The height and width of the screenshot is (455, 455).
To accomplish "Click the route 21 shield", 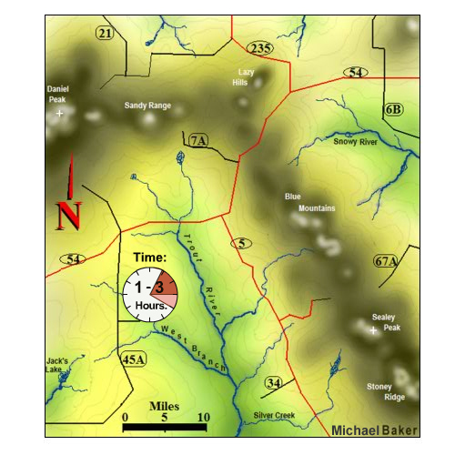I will pyautogui.click(x=106, y=34).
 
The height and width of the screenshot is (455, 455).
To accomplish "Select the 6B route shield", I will pyautogui.click(x=393, y=110).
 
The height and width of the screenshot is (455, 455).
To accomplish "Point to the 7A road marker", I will pyautogui.click(x=197, y=140).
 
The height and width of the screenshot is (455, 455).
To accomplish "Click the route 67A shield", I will pyautogui.click(x=387, y=261).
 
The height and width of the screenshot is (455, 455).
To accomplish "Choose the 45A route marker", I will pyautogui.click(x=133, y=359).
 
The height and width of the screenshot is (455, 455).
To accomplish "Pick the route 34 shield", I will pyautogui.click(x=273, y=383).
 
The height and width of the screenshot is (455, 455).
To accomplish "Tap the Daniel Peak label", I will pyautogui.click(x=58, y=94).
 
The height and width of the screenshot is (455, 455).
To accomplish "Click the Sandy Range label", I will pyautogui.click(x=147, y=106).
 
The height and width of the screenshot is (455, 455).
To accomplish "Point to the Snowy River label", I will pyautogui.click(x=355, y=142).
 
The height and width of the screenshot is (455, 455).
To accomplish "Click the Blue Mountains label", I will pyautogui.click(x=304, y=202).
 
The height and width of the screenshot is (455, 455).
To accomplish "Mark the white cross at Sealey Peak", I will pyautogui.click(x=373, y=331).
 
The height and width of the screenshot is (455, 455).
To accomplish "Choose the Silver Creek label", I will pyautogui.click(x=274, y=415).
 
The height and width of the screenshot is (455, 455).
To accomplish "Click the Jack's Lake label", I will pyautogui.click(x=57, y=366).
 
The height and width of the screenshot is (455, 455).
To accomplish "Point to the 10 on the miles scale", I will pyautogui.click(x=204, y=417).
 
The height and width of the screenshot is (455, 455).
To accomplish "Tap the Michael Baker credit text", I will pyautogui.click(x=374, y=430).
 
